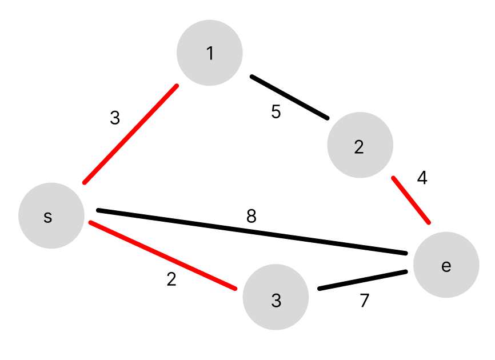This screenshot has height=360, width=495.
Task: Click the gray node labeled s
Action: click(x=51, y=215)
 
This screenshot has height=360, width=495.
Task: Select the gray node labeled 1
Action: click(x=210, y=53)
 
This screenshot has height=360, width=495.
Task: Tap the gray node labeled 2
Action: click(x=360, y=145)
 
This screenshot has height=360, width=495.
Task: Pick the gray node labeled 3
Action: click(x=276, y=297)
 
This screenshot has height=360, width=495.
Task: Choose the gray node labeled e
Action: click(x=446, y=265)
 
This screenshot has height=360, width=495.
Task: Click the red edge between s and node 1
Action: click(x=131, y=134)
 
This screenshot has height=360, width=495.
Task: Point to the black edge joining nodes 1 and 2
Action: click(x=290, y=97)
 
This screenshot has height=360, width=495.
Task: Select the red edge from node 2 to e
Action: click(x=411, y=200)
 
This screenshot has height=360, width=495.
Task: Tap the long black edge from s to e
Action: click(x=252, y=231)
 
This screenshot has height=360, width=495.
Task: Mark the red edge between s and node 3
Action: click(x=163, y=255)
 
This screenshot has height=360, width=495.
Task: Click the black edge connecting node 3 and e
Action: click(x=362, y=280)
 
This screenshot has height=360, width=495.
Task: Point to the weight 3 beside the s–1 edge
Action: click(x=115, y=118)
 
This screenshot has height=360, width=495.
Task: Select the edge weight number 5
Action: click(x=276, y=112)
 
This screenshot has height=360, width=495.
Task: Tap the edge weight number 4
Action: click(x=422, y=178)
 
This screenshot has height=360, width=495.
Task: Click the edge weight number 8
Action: click(x=251, y=217)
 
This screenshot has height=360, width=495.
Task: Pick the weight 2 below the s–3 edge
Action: click(x=171, y=279)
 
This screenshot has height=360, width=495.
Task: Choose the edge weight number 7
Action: click(x=365, y=301)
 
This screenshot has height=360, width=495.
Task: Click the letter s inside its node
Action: click(x=48, y=217)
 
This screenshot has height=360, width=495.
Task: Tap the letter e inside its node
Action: click(x=446, y=266)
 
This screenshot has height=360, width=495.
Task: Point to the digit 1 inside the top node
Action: click(x=210, y=53)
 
